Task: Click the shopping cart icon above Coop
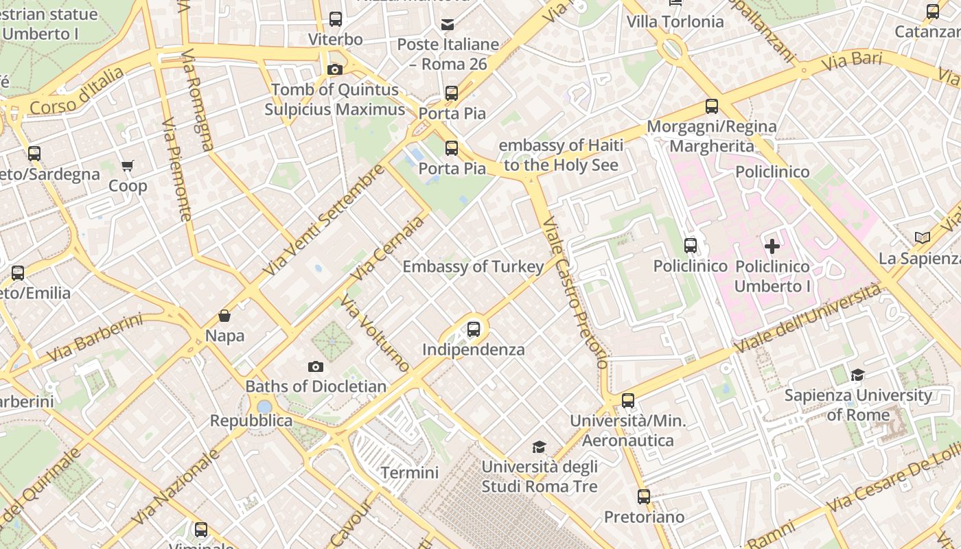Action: pyautogui.click(x=128, y=165)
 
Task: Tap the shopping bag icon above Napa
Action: pyautogui.click(x=224, y=316)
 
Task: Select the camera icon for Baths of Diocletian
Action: pyautogui.click(x=316, y=366)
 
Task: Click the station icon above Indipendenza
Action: pyautogui.click(x=474, y=329)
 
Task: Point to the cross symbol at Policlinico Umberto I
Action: pyautogui.click(x=772, y=246)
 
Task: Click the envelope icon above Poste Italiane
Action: pyautogui.click(x=448, y=25)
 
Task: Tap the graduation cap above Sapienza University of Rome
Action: pyautogui.click(x=857, y=375)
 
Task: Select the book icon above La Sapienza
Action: pyautogui.click(x=923, y=238)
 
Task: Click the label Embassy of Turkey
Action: pyautogui.click(x=473, y=266)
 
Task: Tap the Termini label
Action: pyautogui.click(x=410, y=472)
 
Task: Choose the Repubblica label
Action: pyautogui.click(x=251, y=420)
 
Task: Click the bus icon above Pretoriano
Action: pyautogui.click(x=643, y=496)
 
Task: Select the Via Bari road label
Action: pyautogui.click(x=851, y=61)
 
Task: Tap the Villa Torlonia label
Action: pyautogui.click(x=675, y=21)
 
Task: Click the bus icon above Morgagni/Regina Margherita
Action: pyautogui.click(x=712, y=106)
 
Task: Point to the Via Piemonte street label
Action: pyautogui.click(x=176, y=169)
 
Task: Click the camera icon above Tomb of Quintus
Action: pyautogui.click(x=335, y=69)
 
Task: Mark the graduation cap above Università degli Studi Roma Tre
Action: pyautogui.click(x=539, y=447)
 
